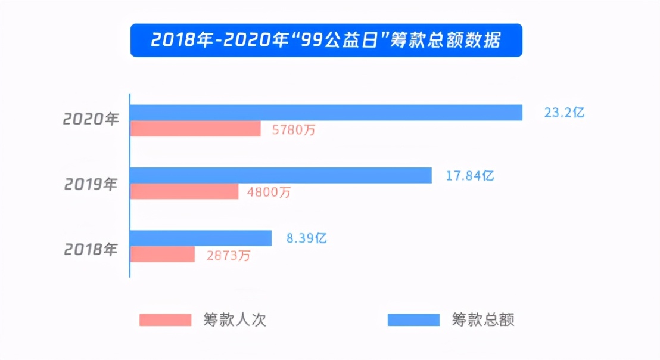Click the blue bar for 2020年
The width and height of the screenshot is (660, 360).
(326, 113)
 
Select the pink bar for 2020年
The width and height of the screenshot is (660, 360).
(195, 129)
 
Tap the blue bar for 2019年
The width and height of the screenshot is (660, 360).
(281, 175)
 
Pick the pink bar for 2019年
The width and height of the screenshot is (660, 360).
(184, 191)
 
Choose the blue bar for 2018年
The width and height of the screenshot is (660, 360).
(201, 238)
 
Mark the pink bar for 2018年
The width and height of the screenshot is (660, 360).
(163, 255)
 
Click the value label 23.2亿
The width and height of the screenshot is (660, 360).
(564, 113)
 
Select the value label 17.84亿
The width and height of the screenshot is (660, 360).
(470, 176)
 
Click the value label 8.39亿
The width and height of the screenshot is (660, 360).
(307, 238)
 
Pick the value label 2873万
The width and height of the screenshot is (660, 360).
(228, 256)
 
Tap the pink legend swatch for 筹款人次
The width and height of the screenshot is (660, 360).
(166, 319)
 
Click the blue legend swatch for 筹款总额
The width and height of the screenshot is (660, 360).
(413, 319)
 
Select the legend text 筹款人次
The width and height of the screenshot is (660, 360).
(234, 320)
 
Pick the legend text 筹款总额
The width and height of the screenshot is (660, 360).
(482, 320)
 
